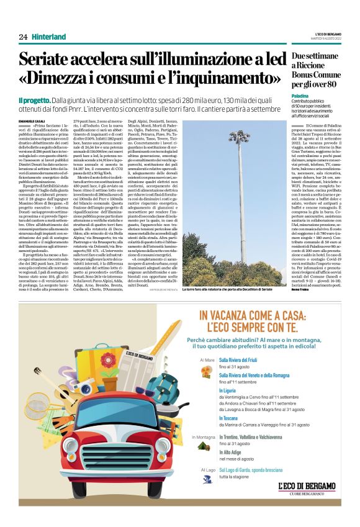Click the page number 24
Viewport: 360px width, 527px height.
23,37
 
